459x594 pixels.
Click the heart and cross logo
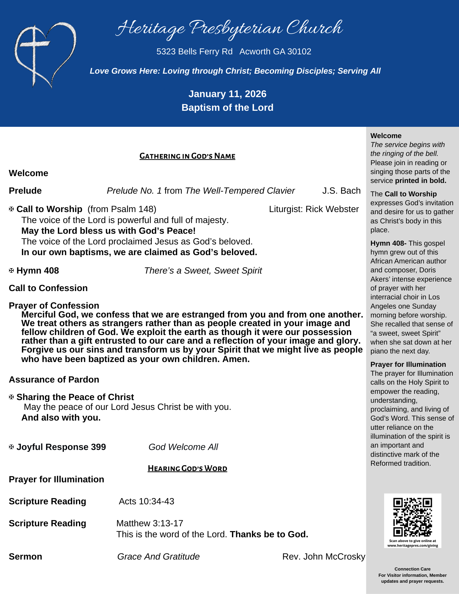click(45, 55)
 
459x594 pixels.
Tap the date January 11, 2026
click(227, 94)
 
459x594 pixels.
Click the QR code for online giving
click(412, 517)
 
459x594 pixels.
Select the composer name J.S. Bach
click(341, 191)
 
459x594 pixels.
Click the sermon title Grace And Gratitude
click(158, 556)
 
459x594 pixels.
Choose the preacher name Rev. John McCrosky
click(324, 556)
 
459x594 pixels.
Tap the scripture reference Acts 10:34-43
click(146, 501)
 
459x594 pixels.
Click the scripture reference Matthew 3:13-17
click(150, 523)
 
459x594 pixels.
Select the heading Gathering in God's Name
click(187, 156)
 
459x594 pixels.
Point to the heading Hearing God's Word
click(187, 468)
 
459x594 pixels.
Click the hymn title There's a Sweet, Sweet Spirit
click(203, 271)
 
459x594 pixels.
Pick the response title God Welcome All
click(183, 447)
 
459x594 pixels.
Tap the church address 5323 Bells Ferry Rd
click(194, 52)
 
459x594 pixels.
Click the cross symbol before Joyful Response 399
click(11, 447)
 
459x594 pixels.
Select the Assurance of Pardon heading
click(54, 380)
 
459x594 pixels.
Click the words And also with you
click(61, 418)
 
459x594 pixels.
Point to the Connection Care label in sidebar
click(412, 569)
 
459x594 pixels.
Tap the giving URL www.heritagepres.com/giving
click(412, 546)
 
